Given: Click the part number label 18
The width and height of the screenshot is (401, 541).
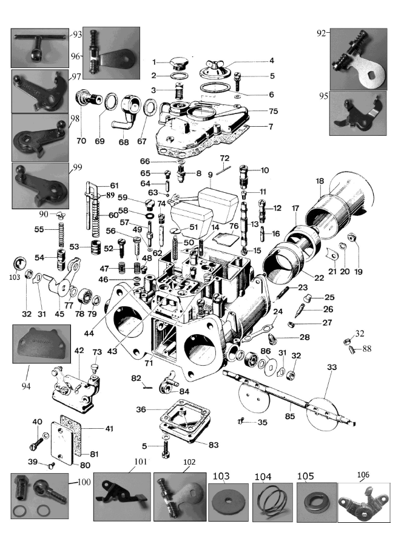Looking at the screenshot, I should [x=320, y=181].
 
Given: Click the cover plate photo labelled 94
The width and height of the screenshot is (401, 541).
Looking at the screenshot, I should [x=41, y=343].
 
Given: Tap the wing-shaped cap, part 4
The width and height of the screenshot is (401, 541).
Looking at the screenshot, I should [x=215, y=69].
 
